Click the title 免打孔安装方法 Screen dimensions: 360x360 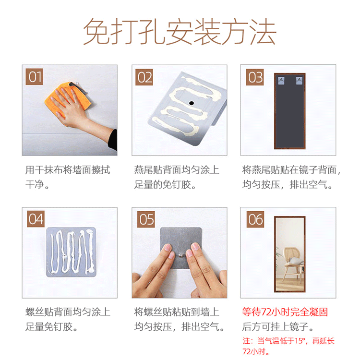pos(180,31)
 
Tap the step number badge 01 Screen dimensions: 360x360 pos(35,77)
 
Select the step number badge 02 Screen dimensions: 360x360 pos(144,77)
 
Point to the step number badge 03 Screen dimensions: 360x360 pos(255,77)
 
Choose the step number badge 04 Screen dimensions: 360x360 pos(36,219)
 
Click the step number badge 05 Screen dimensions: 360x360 pos(146,219)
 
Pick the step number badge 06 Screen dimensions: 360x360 pos(255,219)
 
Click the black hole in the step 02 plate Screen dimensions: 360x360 pos(191,103)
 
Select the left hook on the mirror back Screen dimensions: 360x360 pos(281,81)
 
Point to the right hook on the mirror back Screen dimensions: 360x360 pos(299,81)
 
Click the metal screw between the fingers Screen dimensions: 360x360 pos(181,255)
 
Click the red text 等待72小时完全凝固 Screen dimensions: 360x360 pos(285,312)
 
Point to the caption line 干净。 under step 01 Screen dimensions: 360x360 pos(37,184)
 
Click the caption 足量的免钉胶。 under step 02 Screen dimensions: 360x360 pos(165,184)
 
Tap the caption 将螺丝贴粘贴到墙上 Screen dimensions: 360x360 pos(177,312)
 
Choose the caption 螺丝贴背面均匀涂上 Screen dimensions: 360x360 pos(68,312)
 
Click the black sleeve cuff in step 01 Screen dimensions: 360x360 pos(113,140)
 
